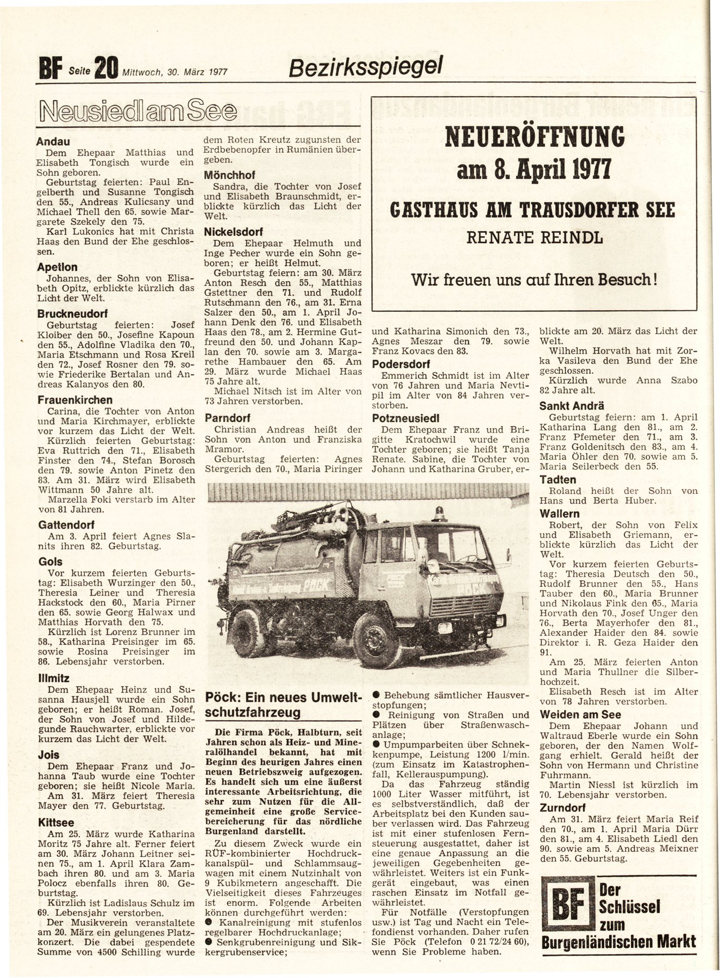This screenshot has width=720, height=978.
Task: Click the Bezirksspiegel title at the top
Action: click(366, 66)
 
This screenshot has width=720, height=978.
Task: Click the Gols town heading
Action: click(51, 562)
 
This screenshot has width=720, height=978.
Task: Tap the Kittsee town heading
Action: click(56, 823)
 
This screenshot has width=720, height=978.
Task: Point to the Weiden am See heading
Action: click(580, 714)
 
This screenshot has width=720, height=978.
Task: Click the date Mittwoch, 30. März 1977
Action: click(174, 71)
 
